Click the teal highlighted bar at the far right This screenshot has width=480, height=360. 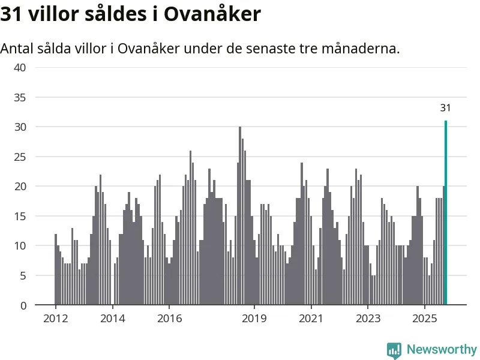pos(446,213)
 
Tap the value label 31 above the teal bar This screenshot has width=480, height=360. pos(445,109)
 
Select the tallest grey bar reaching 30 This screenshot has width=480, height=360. pos(240,216)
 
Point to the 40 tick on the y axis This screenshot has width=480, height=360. pos(20,68)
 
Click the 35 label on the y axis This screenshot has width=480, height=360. pos(20,97)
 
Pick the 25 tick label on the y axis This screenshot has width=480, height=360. pos(20,157)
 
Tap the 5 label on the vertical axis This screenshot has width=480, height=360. pos(23,275)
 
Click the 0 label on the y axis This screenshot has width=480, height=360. pos(23,305)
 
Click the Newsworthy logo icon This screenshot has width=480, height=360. pos(394,350)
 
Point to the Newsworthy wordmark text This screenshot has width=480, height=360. pos(442,349)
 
